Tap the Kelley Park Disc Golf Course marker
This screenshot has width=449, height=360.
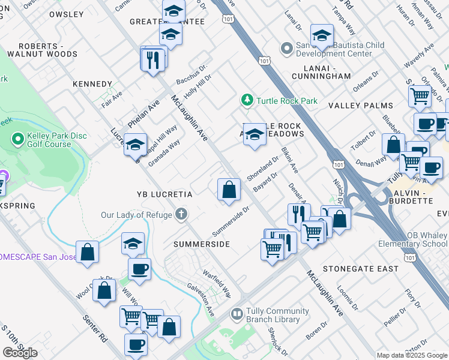(18, 140)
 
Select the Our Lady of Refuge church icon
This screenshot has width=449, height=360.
(181, 214)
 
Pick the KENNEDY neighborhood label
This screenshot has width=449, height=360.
(92, 84)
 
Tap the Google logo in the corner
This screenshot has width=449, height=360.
(20, 352)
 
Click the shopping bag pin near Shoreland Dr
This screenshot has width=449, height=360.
(229, 190)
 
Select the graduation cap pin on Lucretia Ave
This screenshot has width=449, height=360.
(136, 145)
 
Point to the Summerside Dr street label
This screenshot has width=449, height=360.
(230, 221)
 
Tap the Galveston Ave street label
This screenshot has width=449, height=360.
(200, 300)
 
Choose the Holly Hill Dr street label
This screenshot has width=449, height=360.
(198, 86)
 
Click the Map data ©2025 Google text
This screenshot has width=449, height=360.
(412, 355)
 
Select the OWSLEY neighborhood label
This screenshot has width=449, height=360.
(66, 14)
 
